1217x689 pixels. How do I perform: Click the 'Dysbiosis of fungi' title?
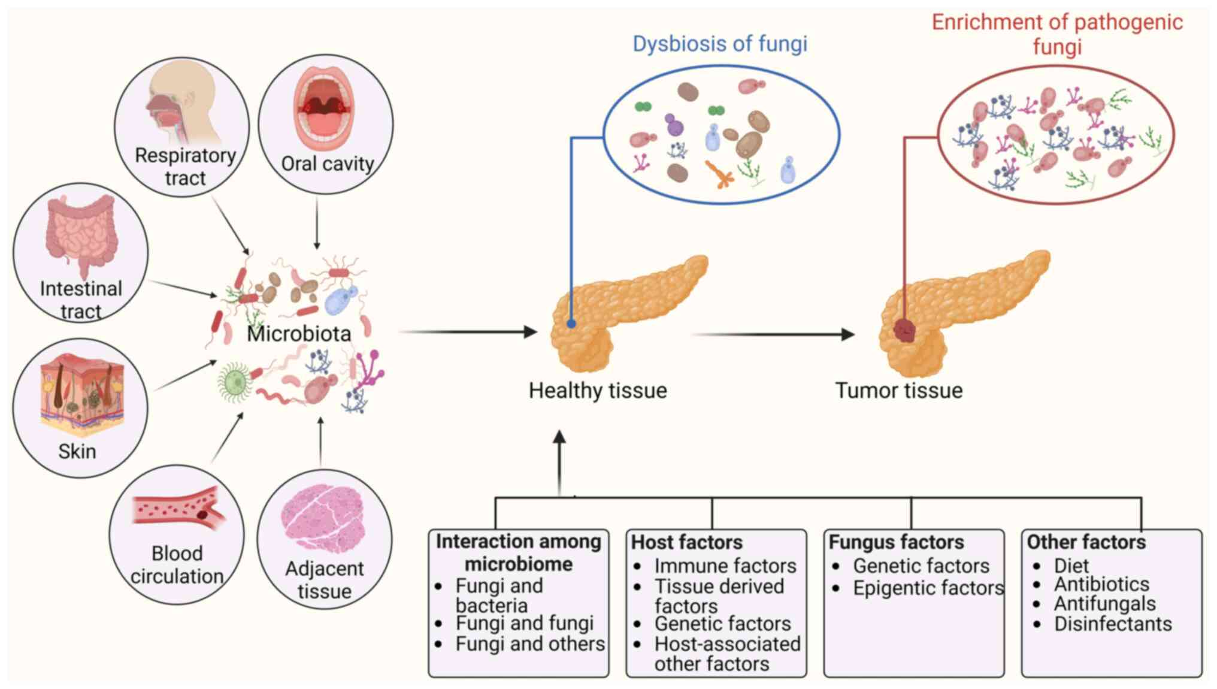(720, 44)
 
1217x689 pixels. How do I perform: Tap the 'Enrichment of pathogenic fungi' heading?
(1057, 34)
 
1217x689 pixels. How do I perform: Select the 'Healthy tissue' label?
(597, 391)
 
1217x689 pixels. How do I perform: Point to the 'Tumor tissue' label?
(899, 391)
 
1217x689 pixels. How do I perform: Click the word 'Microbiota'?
(299, 334)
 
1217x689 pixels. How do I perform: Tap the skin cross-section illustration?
(81, 392)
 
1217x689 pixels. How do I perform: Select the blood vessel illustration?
(178, 511)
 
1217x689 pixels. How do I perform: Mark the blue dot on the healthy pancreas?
(571, 324)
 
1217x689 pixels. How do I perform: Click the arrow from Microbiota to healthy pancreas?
(467, 331)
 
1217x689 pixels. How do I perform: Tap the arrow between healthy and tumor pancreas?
(773, 334)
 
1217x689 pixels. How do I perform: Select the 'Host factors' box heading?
(686, 542)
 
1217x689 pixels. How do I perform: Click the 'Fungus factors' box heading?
(896, 542)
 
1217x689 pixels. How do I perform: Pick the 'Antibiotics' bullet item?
(1101, 584)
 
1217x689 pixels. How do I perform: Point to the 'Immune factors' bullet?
(725, 566)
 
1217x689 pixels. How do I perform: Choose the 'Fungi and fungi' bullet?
(524, 624)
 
